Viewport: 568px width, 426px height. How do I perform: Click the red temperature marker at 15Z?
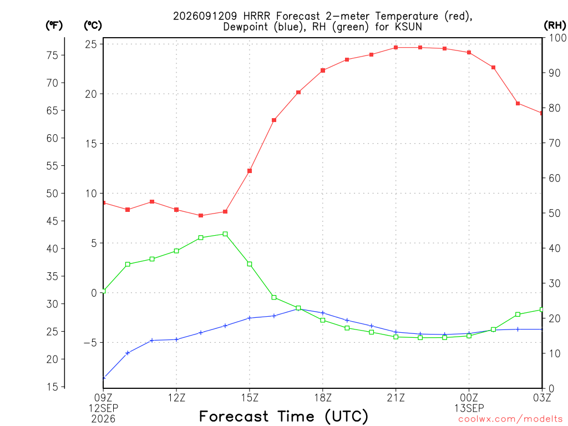tap(250, 171)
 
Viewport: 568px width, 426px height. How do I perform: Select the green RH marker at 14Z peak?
tap(225, 234)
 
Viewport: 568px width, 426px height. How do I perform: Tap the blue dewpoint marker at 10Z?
tap(128, 353)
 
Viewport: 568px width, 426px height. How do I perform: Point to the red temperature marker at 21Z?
tap(396, 48)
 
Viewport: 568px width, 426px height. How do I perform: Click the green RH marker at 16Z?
tap(274, 297)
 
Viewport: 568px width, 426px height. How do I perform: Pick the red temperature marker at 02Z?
tap(518, 104)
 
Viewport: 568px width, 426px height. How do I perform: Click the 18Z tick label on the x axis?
tap(323, 398)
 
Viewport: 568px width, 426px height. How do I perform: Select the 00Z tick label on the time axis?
tap(469, 398)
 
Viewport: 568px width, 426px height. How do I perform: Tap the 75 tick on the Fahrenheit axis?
tap(52, 55)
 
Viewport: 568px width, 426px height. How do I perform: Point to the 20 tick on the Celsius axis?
tap(91, 94)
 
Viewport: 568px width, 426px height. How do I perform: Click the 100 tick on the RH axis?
tap(557, 38)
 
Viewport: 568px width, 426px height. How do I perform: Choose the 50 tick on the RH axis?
tap(555, 213)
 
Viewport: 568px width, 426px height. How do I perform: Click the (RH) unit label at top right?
tap(555, 26)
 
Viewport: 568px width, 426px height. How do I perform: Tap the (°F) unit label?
tap(54, 26)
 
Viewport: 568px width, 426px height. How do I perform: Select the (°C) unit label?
tap(93, 26)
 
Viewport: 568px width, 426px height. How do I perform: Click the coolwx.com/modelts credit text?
tap(510, 419)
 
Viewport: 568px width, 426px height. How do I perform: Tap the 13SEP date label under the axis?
tap(469, 408)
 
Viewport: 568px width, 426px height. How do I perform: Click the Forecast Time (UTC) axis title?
tap(283, 416)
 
